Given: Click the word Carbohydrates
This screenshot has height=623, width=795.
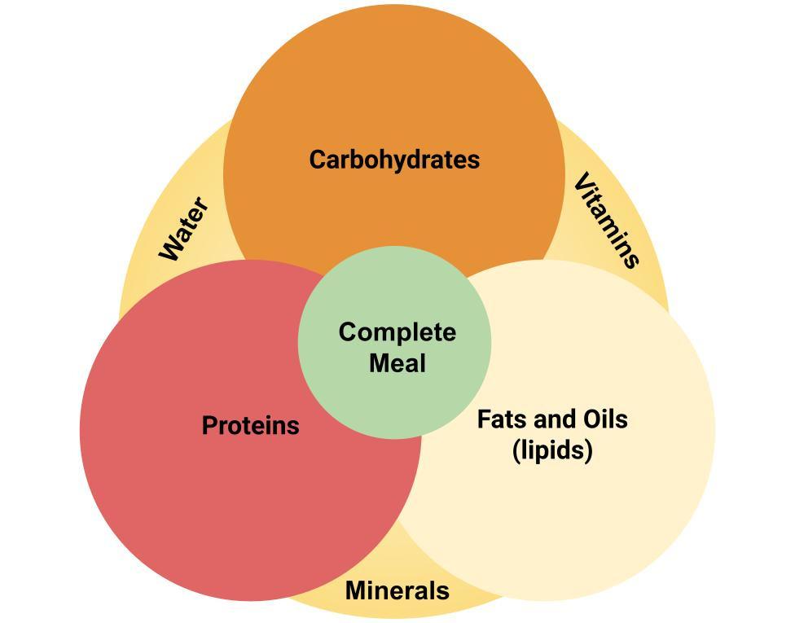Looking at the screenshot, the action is click(x=394, y=160).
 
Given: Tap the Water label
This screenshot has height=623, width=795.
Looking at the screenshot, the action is click(x=184, y=229).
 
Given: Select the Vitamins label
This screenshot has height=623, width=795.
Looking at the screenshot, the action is click(x=607, y=220).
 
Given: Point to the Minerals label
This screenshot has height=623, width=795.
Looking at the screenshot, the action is click(x=397, y=590).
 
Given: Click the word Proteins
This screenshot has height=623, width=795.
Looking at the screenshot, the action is click(x=250, y=425).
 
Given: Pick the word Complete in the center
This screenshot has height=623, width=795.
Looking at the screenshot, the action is click(x=397, y=332).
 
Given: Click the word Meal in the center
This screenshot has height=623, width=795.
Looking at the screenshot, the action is click(x=397, y=362).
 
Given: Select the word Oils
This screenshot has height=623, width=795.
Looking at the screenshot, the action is click(x=603, y=419).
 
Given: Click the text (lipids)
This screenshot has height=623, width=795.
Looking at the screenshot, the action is click(x=552, y=450).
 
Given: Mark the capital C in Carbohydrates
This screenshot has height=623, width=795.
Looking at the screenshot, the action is click(x=318, y=160).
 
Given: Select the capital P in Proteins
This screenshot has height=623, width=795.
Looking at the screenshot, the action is click(x=209, y=425).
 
